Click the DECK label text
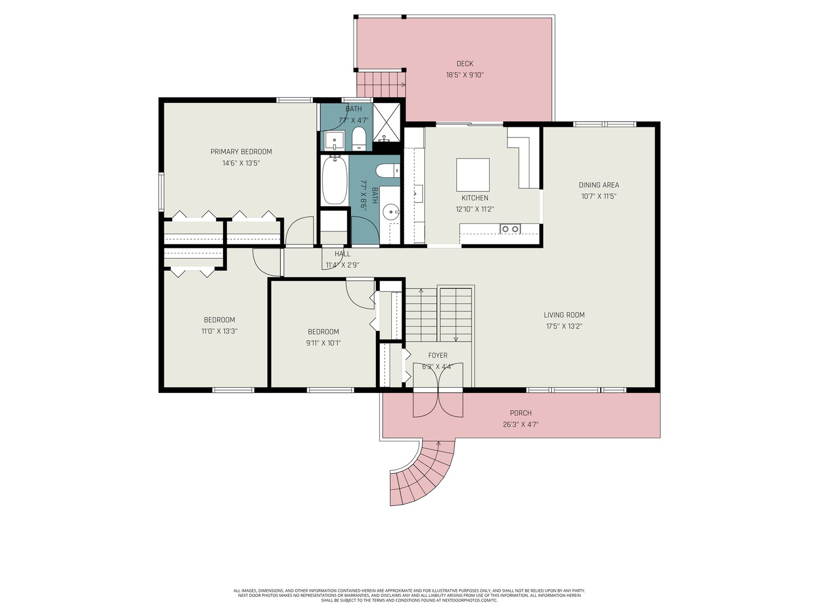pyautogui.click(x=465, y=64)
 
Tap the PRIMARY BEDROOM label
pyautogui.click(x=241, y=152)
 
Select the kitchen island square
pyautogui.click(x=473, y=175)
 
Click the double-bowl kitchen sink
pyautogui.click(x=510, y=229)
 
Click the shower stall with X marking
pyautogui.click(x=387, y=122)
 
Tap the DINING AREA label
pyautogui.click(x=599, y=185)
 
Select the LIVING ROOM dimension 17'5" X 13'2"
pyautogui.click(x=564, y=326)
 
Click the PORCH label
pyautogui.click(x=520, y=413)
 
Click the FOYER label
pyautogui.click(x=437, y=356)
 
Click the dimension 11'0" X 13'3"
pyautogui.click(x=219, y=331)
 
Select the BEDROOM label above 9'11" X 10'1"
pyautogui.click(x=323, y=332)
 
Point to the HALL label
pyautogui.click(x=342, y=254)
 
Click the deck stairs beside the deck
pyautogui.click(x=379, y=85)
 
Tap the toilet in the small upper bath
pyautogui.click(x=358, y=138)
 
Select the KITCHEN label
pyautogui.click(x=474, y=198)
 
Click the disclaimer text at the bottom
pyautogui.click(x=409, y=595)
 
